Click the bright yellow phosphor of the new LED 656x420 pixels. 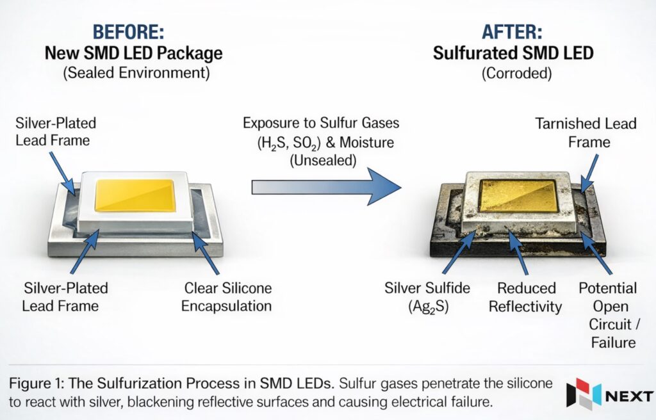point(134,195)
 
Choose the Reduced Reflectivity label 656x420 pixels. point(525,296)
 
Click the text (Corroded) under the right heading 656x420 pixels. point(516,73)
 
